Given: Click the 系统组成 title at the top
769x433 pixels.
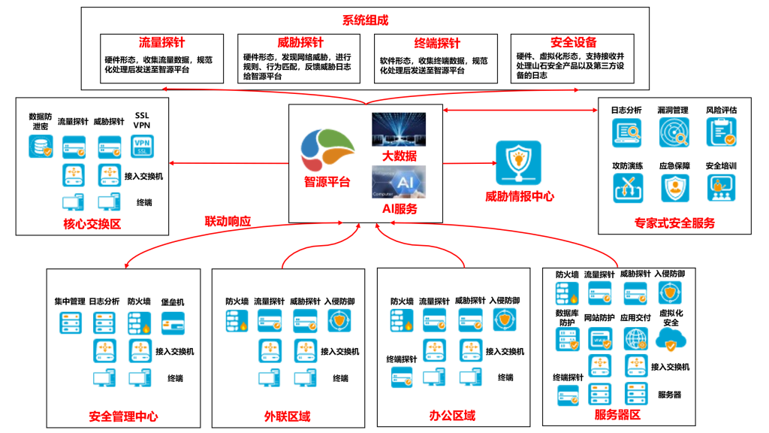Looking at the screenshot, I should (365, 20).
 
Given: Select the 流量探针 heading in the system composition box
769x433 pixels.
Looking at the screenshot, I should (161, 43).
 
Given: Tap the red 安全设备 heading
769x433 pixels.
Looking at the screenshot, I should (573, 43).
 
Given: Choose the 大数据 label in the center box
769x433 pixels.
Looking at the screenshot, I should (398, 156).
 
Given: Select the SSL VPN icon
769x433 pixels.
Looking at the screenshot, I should (142, 146).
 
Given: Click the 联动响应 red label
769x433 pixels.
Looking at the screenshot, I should (228, 222).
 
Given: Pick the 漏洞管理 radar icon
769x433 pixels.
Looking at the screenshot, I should (674, 132).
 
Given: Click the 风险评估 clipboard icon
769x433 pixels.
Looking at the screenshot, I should (721, 132).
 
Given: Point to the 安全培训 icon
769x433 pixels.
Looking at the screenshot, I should (721, 188).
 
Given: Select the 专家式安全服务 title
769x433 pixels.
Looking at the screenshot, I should (674, 223).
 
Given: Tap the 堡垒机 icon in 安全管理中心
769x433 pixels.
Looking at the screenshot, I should (173, 323).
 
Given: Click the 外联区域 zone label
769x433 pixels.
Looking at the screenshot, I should (287, 416).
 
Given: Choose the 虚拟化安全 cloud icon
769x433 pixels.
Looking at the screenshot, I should (671, 341).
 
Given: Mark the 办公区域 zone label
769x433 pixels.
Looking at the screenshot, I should (452, 416).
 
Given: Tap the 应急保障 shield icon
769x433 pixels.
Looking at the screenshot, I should (674, 188).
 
